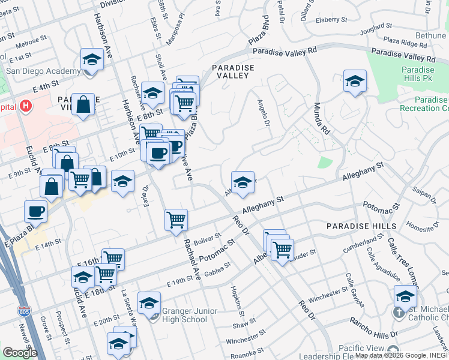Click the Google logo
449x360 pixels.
[x=20, y=352]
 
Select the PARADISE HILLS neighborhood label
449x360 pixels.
[x=361, y=226]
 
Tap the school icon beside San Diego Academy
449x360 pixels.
[x=92, y=61]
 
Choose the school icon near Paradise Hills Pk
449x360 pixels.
[x=355, y=82]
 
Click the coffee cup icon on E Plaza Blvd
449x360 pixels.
[x=35, y=211]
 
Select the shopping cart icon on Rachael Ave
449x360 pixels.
[x=176, y=220]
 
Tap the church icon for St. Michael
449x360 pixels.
[x=399, y=313]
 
